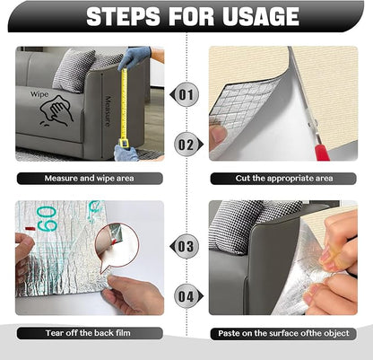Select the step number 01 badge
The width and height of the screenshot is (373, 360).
point(186,93)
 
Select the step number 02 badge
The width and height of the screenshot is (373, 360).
point(186,142)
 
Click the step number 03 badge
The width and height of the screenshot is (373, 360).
point(186,245)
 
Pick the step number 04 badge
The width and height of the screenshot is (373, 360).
point(186,294)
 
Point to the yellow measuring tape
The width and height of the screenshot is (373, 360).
point(126,108)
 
